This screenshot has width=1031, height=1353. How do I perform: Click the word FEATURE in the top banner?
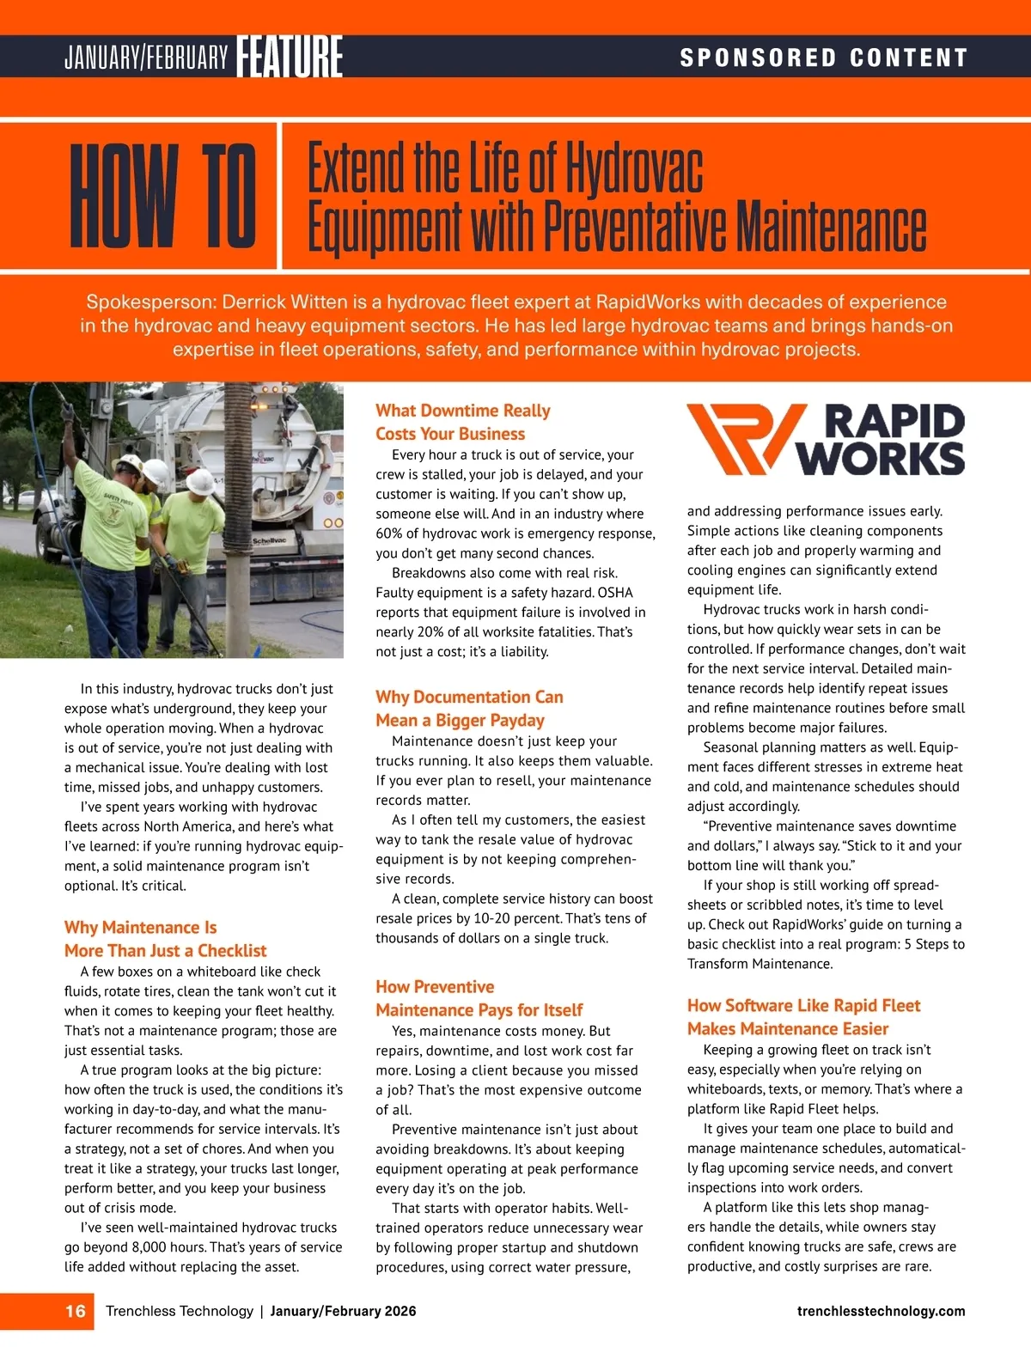[290, 57]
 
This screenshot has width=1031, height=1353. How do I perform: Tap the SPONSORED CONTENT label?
[823, 58]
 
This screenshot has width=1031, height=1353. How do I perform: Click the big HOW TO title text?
[163, 196]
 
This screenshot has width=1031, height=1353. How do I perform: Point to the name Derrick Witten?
[284, 302]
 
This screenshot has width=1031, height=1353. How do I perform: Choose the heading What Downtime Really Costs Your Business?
[462, 422]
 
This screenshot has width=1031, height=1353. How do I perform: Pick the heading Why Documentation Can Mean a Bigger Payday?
[469, 708]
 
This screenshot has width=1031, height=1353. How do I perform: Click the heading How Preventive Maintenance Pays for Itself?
[479, 998]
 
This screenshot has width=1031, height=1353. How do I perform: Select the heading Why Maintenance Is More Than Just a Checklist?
[165, 939]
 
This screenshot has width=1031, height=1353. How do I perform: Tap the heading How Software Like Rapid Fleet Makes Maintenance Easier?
[802, 1016]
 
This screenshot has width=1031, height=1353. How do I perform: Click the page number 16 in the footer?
[76, 1311]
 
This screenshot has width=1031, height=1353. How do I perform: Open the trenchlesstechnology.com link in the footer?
[881, 1311]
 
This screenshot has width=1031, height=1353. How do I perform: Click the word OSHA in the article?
[615, 593]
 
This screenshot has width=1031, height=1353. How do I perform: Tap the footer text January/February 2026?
[343, 1311]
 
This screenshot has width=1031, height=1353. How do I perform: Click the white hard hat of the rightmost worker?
[201, 481]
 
